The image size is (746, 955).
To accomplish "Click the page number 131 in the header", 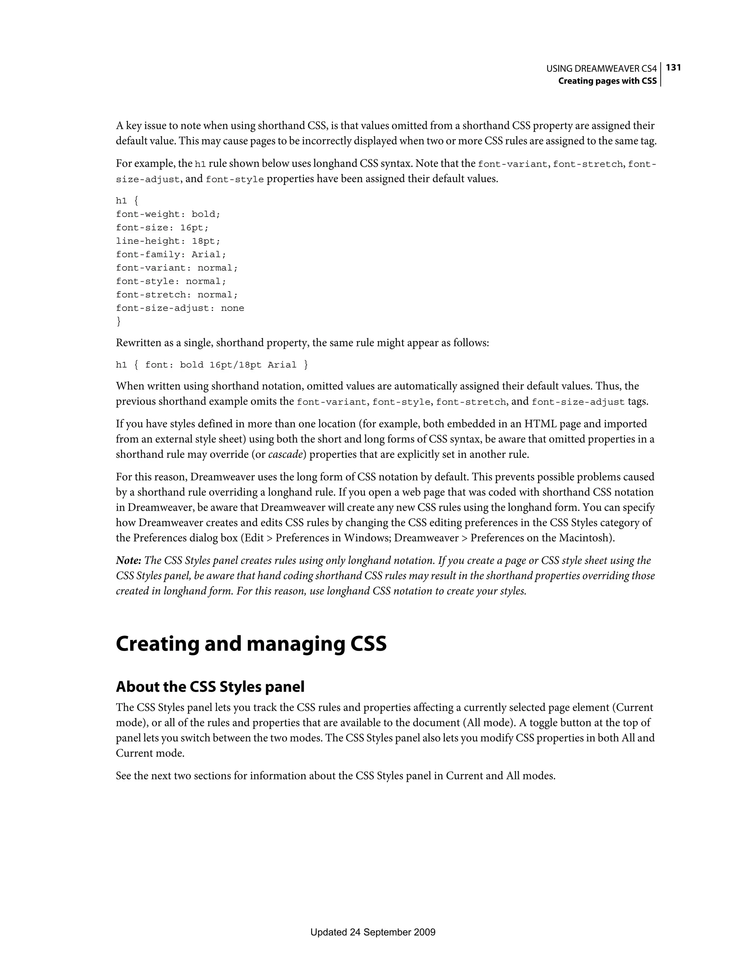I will coord(674,67).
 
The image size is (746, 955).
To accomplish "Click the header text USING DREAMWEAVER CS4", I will coord(601,69).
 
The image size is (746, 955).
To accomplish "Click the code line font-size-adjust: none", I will coord(180,308).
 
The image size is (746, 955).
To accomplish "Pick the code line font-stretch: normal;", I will coord(177,295).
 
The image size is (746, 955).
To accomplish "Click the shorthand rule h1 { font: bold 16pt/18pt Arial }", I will coord(212,365).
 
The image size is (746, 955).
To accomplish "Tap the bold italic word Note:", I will coord(129,561).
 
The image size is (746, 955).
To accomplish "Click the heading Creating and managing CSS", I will coord(251,644).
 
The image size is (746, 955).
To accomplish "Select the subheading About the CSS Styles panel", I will coord(210,687).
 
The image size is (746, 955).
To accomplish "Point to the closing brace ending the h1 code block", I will coord(118,322).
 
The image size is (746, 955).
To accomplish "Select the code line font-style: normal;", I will coord(171,281).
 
